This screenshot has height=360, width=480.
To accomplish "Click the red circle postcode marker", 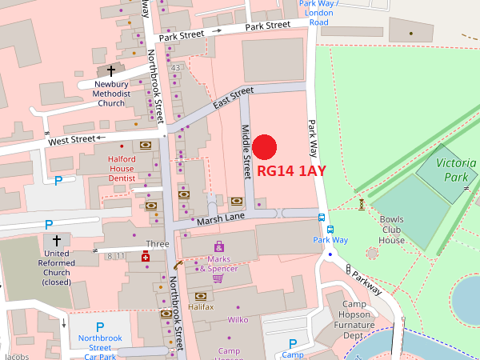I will (265, 147).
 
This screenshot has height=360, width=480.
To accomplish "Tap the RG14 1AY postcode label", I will (291, 171).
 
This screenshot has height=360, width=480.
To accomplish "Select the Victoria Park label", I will (456, 170).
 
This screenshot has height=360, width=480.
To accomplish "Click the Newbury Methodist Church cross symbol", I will (110, 72).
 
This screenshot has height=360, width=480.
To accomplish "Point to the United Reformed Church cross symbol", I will (56, 240).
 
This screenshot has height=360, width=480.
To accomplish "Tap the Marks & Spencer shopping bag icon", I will (218, 246).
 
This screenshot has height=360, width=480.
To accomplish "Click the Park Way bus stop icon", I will (322, 218).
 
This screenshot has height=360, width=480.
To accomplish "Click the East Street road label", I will (234, 98).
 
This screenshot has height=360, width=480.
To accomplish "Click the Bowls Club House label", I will (391, 229).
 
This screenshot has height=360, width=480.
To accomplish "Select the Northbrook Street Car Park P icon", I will (100, 326).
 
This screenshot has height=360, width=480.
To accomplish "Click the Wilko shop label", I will (238, 320).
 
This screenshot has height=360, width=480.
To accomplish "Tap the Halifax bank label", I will (201, 307).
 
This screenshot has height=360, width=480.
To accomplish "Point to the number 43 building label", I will (175, 68).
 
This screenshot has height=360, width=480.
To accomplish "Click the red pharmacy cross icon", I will (145, 258).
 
